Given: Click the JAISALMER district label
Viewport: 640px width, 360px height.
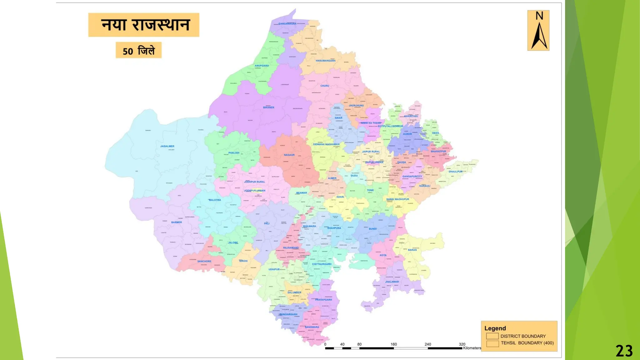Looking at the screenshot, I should (x=167, y=146).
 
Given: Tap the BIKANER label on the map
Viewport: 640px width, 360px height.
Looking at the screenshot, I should (x=268, y=107).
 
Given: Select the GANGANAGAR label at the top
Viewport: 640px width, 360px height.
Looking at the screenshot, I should (x=287, y=24).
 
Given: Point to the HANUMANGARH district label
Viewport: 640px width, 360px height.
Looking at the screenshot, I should (x=325, y=61).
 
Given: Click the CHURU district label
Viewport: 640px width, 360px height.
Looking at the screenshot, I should (x=324, y=86).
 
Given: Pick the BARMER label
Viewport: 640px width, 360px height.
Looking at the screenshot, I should (x=177, y=222).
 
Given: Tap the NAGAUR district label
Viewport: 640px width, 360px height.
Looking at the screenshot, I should (x=289, y=155).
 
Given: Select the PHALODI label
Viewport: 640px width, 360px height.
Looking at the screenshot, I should (x=234, y=153).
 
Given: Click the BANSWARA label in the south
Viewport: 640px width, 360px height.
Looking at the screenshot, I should (x=312, y=327).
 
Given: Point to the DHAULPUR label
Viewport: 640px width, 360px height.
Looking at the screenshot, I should (x=455, y=172).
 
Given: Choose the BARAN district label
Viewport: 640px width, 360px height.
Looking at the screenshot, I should (x=412, y=250).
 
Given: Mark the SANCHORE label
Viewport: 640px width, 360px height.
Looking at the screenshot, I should (x=204, y=261).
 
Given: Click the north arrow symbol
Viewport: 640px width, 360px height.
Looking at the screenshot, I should (x=538, y=31).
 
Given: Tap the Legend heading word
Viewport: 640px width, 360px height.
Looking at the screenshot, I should (x=495, y=328).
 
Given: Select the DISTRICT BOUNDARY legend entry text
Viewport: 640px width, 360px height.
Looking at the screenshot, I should (x=523, y=336).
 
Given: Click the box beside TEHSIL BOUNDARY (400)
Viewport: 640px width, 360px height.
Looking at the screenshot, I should (x=492, y=343).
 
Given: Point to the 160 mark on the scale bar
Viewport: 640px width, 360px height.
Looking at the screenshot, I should (x=393, y=344).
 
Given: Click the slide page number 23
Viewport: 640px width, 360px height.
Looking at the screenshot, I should (x=624, y=351).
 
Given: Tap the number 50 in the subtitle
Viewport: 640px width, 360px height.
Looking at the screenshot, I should (x=128, y=51).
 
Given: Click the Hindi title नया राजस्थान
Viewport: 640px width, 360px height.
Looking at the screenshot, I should (x=145, y=25).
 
